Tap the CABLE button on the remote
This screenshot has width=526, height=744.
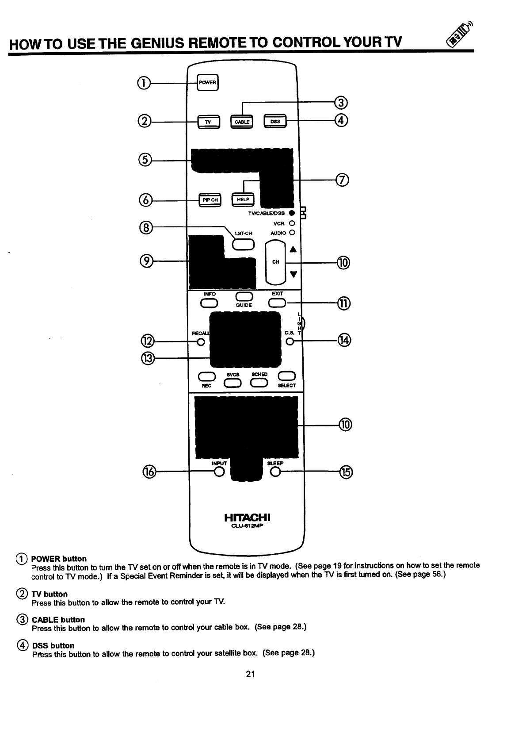(241, 122)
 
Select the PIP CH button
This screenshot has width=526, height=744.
(210, 200)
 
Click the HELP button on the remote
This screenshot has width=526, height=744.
(243, 200)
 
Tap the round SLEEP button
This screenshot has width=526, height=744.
(275, 472)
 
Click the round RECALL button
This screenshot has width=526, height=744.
(201, 342)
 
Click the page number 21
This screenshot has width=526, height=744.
(251, 674)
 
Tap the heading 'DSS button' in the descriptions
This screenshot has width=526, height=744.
(53, 646)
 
